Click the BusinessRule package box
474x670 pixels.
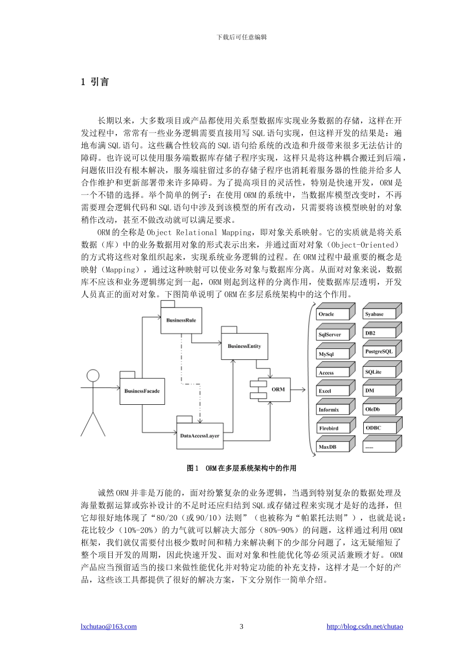(181, 321)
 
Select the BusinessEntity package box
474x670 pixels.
(244, 346)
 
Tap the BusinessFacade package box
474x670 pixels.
(142, 391)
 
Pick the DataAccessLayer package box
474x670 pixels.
(200, 436)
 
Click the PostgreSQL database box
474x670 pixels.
(379, 351)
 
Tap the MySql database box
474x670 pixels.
(331, 354)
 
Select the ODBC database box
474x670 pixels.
(379, 428)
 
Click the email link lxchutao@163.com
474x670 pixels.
(109, 627)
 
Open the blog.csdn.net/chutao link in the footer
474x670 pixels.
(365, 627)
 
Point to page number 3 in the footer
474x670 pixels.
(241, 627)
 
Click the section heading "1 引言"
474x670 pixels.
(95, 82)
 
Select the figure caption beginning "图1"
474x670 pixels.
(241, 468)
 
